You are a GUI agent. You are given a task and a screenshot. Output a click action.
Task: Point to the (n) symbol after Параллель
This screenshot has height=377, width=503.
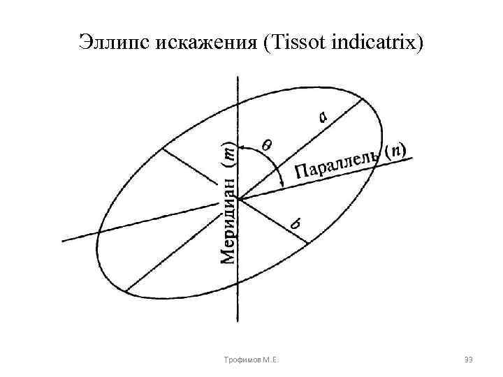[x=398, y=149]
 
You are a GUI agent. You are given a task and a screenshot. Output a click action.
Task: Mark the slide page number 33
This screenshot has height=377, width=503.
[x=468, y=360]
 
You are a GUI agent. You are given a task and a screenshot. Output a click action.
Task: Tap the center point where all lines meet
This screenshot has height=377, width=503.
[x=240, y=200]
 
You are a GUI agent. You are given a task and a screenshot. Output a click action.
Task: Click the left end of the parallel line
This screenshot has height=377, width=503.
[x=64, y=241]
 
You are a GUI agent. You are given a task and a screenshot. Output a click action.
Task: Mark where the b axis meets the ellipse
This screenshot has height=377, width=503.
[x=307, y=243]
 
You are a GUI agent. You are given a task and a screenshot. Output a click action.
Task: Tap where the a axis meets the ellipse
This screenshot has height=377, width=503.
[x=363, y=98]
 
